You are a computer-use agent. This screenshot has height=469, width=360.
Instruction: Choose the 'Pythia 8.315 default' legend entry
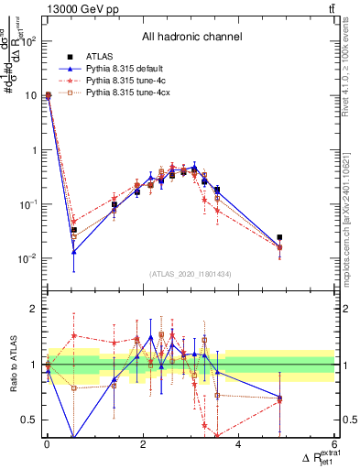click(x=119, y=69)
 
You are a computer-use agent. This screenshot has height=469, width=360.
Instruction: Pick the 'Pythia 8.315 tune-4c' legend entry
click(x=119, y=81)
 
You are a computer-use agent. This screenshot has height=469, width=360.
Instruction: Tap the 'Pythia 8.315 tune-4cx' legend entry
click(x=121, y=93)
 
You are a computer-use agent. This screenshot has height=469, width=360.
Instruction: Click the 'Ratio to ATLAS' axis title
click(x=13, y=365)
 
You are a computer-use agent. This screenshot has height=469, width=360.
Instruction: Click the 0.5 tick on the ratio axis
click(x=29, y=420)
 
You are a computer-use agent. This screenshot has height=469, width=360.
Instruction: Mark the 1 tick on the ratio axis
click(x=35, y=365)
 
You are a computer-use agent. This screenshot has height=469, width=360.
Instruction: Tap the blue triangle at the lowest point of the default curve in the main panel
click(x=74, y=251)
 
